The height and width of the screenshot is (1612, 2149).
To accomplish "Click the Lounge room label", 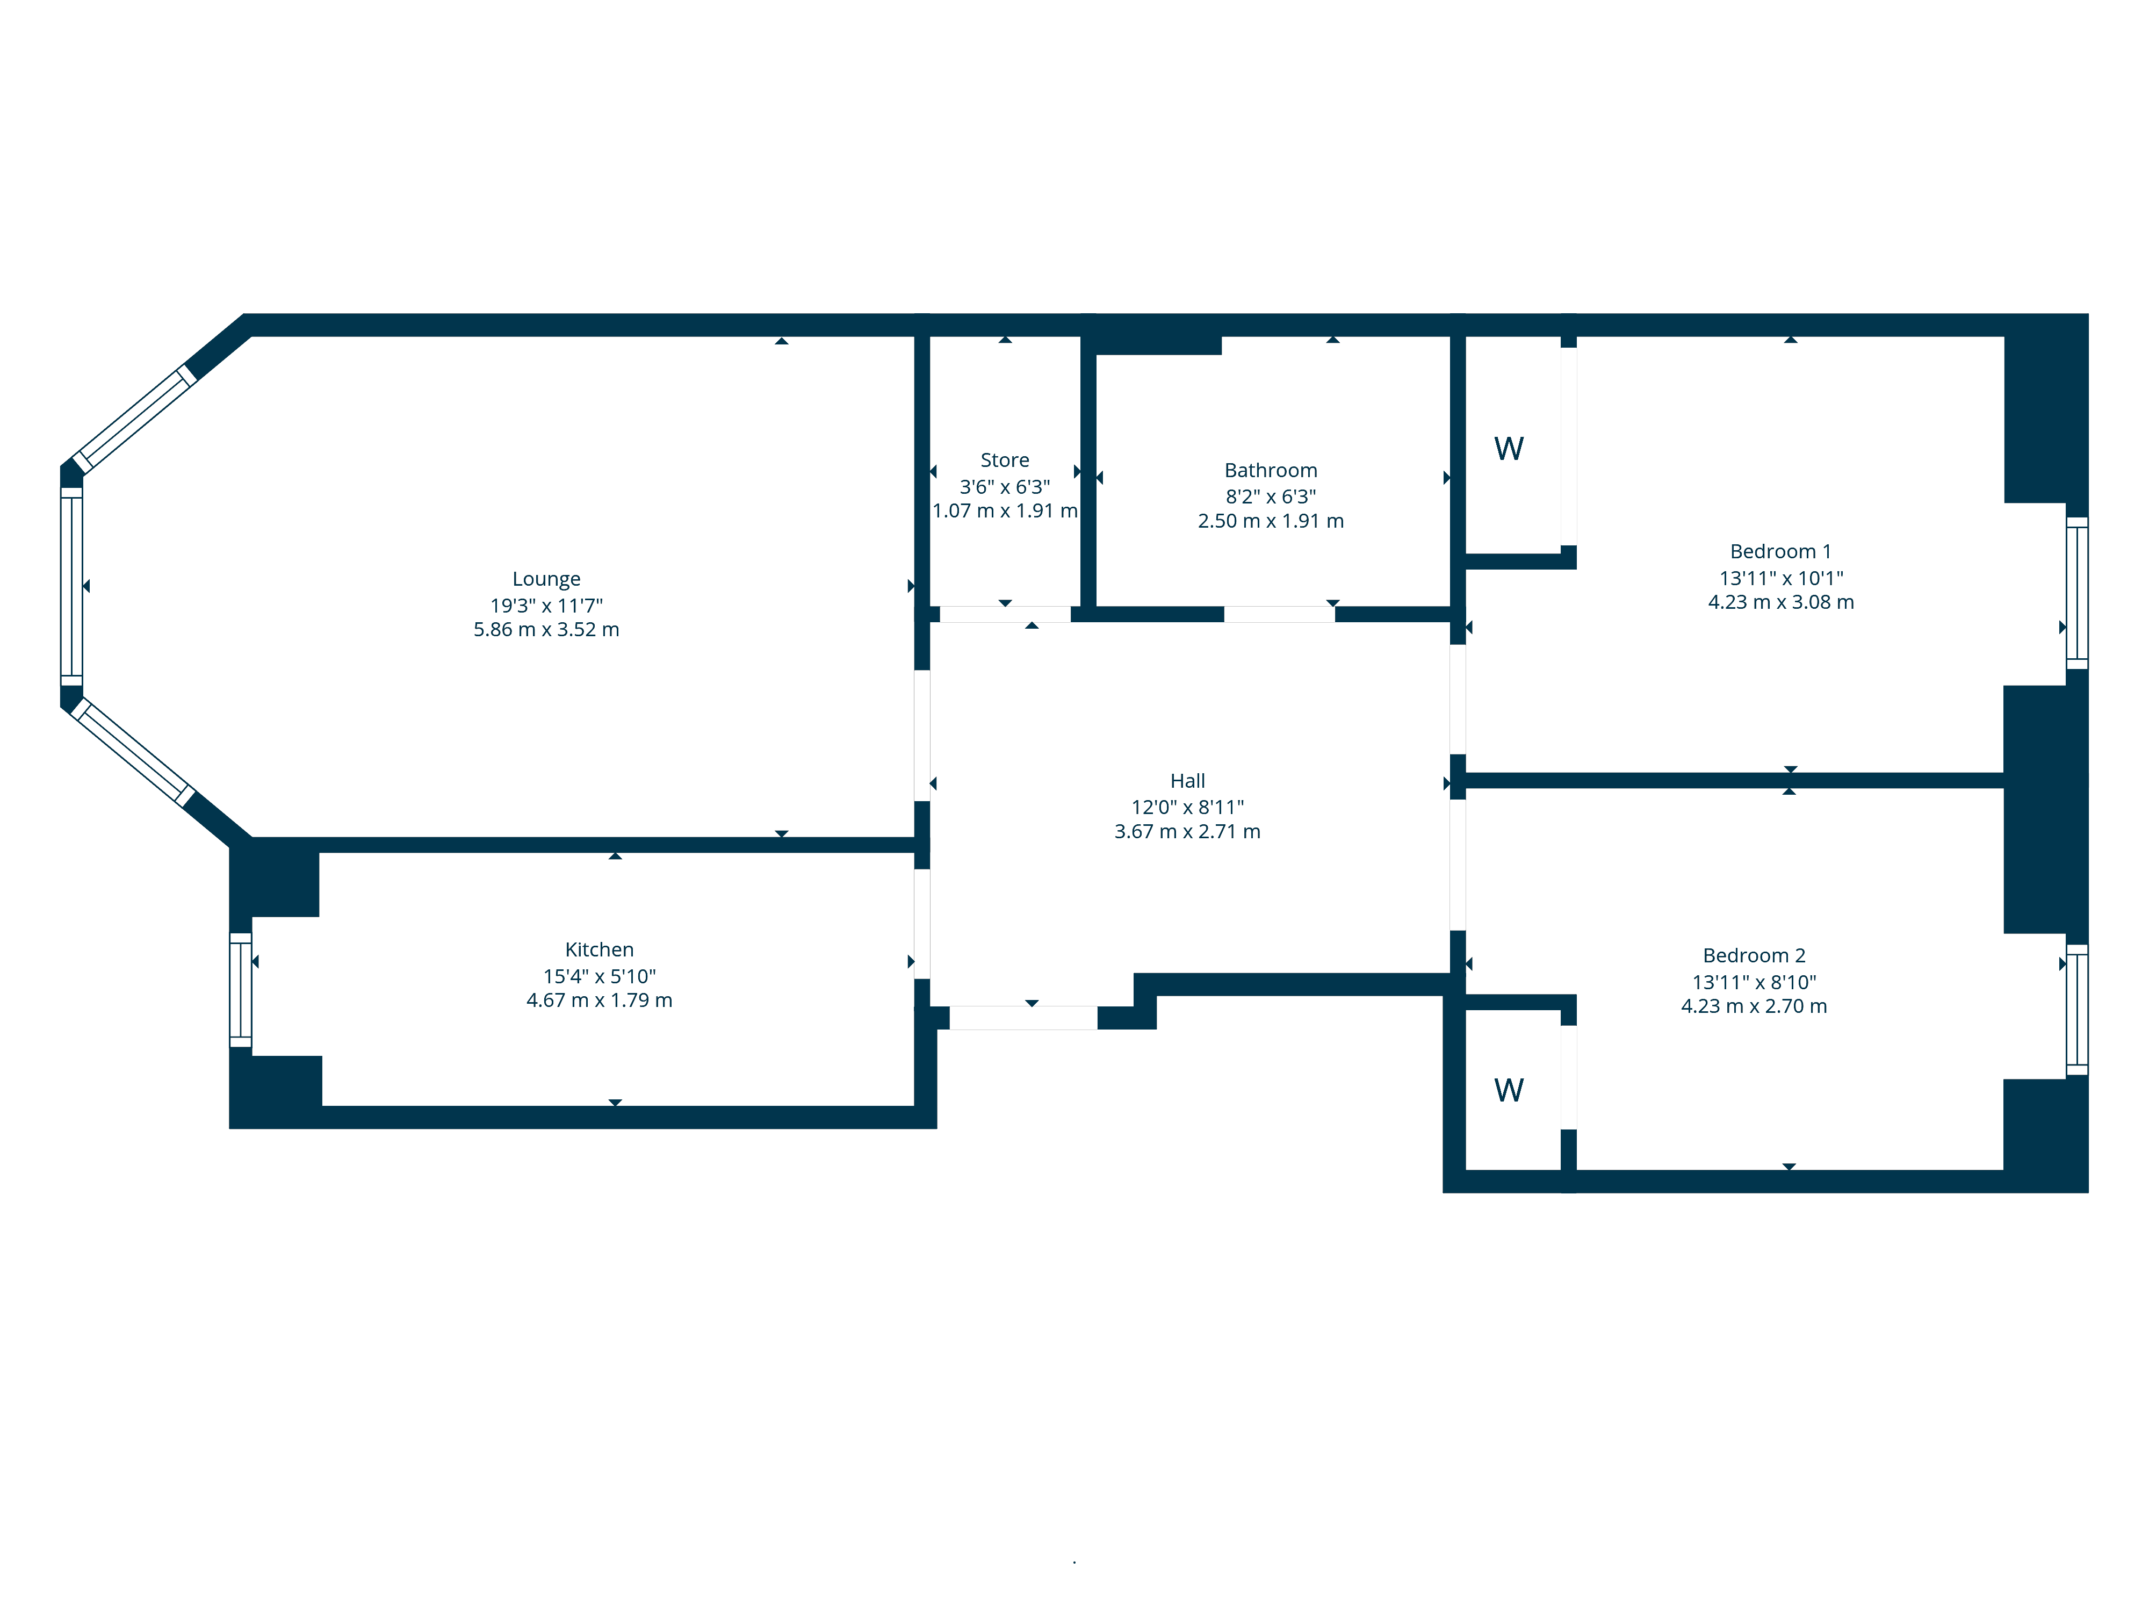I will (546, 579).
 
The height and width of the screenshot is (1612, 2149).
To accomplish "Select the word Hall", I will (1187, 781).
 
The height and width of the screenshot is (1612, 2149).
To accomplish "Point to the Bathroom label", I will (1271, 470).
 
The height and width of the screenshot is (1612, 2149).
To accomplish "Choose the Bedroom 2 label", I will (1754, 955).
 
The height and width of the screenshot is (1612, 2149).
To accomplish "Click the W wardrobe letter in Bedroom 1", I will (1509, 449).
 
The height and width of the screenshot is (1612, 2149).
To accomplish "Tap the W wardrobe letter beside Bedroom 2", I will (1509, 1090).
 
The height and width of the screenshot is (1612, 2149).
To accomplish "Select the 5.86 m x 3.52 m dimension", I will (546, 630).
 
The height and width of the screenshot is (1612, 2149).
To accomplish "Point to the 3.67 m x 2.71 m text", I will (1187, 832).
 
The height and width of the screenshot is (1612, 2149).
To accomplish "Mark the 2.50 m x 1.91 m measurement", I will (1271, 521).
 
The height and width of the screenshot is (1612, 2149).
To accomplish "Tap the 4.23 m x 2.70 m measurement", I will (1754, 1006).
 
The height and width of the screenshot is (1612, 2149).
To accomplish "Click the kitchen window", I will (240, 990).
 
